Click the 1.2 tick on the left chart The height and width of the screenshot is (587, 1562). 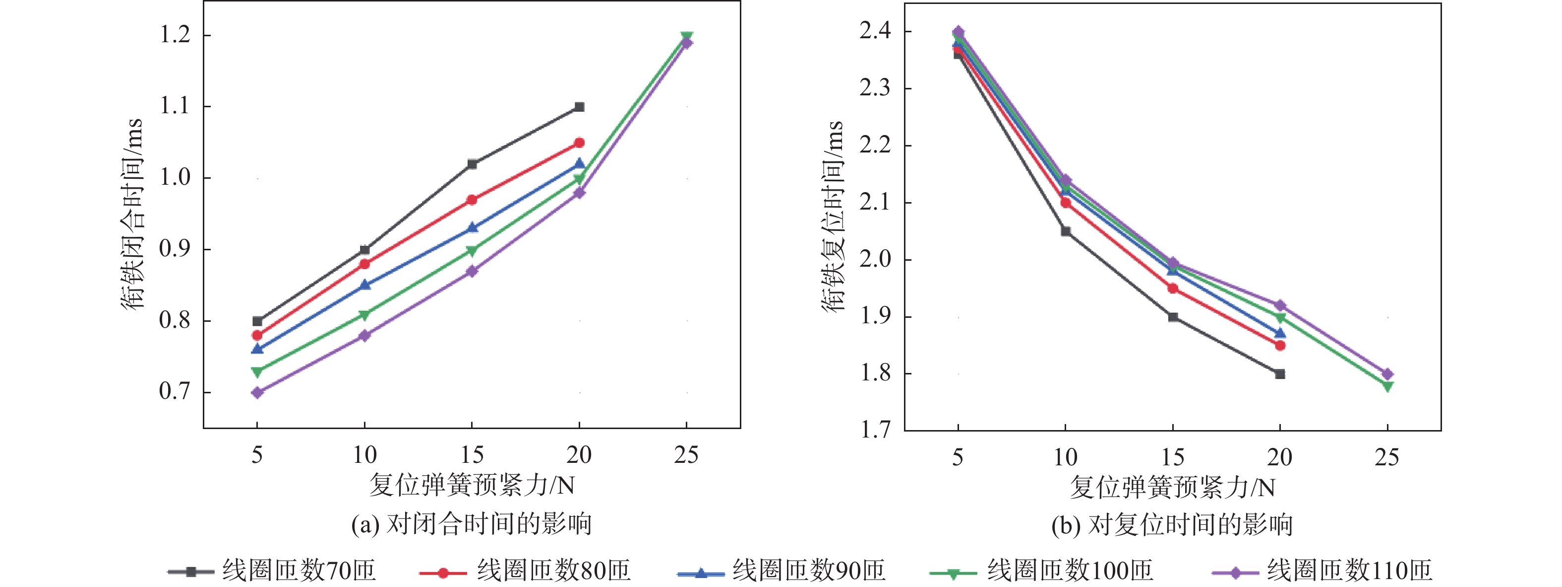pyautogui.click(x=175, y=35)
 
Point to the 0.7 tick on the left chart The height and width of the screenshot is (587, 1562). pyautogui.click(x=175, y=391)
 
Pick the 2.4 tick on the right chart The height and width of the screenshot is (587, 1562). pyautogui.click(x=875, y=31)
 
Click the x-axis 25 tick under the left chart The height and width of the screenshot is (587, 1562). pyautogui.click(x=686, y=455)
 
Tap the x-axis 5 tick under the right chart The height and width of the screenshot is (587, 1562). pyautogui.click(x=958, y=457)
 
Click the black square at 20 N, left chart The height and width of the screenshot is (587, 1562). pyautogui.click(x=579, y=107)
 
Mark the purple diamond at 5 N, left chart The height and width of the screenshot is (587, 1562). pyautogui.click(x=257, y=393)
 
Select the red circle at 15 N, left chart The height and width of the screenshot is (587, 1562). pyautogui.click(x=472, y=200)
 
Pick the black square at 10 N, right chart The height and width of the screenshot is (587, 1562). pyautogui.click(x=1066, y=231)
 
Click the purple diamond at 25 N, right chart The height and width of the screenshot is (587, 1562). pyautogui.click(x=1387, y=374)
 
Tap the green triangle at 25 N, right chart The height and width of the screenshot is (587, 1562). pyautogui.click(x=1387, y=386)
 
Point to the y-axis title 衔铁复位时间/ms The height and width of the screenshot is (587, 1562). pyautogui.click(x=832, y=216)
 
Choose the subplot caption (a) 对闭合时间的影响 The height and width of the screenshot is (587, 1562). pyautogui.click(x=471, y=524)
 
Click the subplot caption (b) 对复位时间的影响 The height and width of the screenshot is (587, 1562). pyautogui.click(x=1171, y=525)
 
